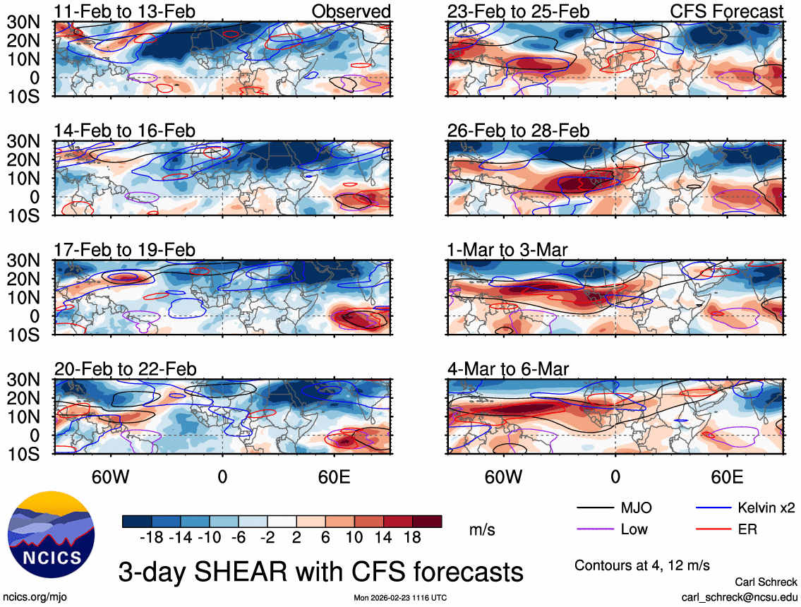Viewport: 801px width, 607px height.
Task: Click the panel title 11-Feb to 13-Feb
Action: point(125,11)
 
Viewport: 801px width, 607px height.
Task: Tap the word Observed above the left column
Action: point(351,11)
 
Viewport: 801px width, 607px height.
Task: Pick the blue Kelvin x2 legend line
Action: point(713,507)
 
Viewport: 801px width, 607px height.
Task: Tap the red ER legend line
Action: point(713,529)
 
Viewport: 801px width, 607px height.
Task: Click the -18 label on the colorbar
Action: point(152,538)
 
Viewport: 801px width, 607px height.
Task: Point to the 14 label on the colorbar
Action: point(383,538)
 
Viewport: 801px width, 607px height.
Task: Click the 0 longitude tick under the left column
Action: point(222,476)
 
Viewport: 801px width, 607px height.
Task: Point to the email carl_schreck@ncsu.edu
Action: point(739,596)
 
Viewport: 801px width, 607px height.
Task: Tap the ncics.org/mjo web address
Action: point(35,596)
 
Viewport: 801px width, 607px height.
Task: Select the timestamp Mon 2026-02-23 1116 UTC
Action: point(400,597)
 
